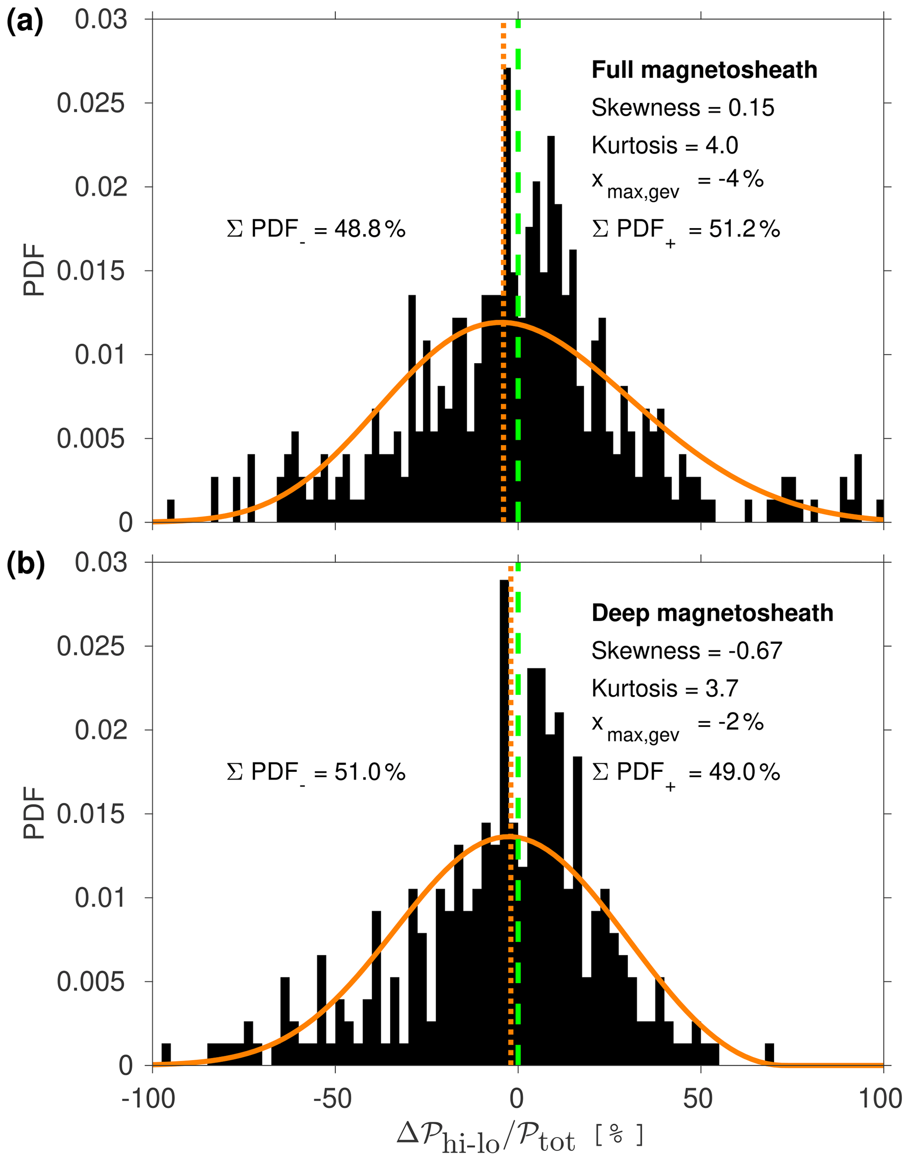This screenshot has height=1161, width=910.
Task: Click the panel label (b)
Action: [x=25, y=565]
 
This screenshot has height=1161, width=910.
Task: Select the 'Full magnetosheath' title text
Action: [x=704, y=70]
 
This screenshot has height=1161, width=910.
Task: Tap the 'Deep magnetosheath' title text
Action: [x=712, y=613]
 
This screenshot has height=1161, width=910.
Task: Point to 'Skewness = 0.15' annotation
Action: [x=682, y=108]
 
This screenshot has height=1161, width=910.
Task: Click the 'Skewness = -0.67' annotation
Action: [x=686, y=651]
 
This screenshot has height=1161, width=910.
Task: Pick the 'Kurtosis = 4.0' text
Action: [x=664, y=145]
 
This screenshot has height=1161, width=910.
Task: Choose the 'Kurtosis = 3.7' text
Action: [x=664, y=689]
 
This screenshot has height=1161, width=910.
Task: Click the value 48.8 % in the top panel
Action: [x=370, y=229]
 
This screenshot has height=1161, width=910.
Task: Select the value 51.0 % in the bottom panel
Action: [x=370, y=772]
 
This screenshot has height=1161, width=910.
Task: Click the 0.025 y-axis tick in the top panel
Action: [x=92, y=103]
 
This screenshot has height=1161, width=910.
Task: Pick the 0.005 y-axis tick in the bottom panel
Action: [x=92, y=981]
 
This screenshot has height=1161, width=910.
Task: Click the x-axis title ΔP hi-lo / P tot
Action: [x=519, y=1138]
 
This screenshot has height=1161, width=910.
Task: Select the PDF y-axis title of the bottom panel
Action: [x=34, y=814]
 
